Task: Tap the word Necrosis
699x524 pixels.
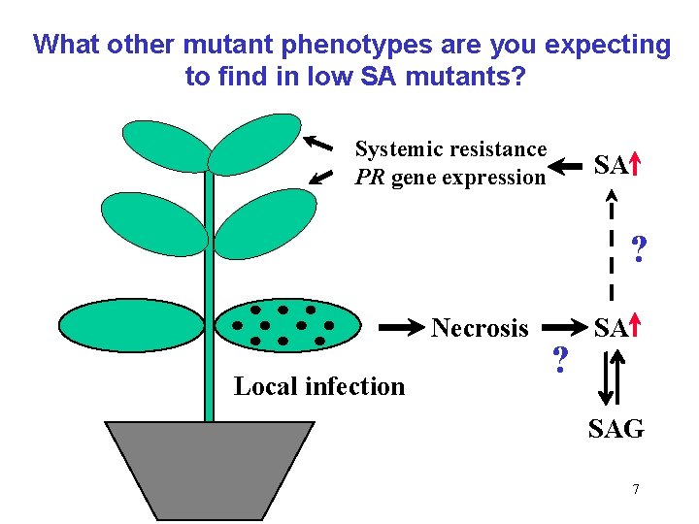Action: pos(480,328)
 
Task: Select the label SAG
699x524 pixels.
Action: pos(616,428)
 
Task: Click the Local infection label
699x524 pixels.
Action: pos(319,386)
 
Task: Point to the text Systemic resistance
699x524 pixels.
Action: pos(450,149)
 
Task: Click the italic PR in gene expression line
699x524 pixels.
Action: pos(370,178)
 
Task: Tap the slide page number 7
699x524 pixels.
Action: pos(636,489)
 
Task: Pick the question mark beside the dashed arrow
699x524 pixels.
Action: pos(638,250)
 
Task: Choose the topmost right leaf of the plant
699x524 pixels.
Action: pos(255,145)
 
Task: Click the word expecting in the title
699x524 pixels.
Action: pos(607,46)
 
